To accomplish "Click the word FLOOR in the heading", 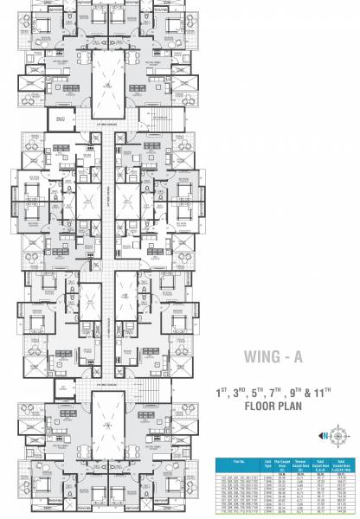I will coord(267,406).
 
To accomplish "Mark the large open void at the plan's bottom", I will coord(108,433).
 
